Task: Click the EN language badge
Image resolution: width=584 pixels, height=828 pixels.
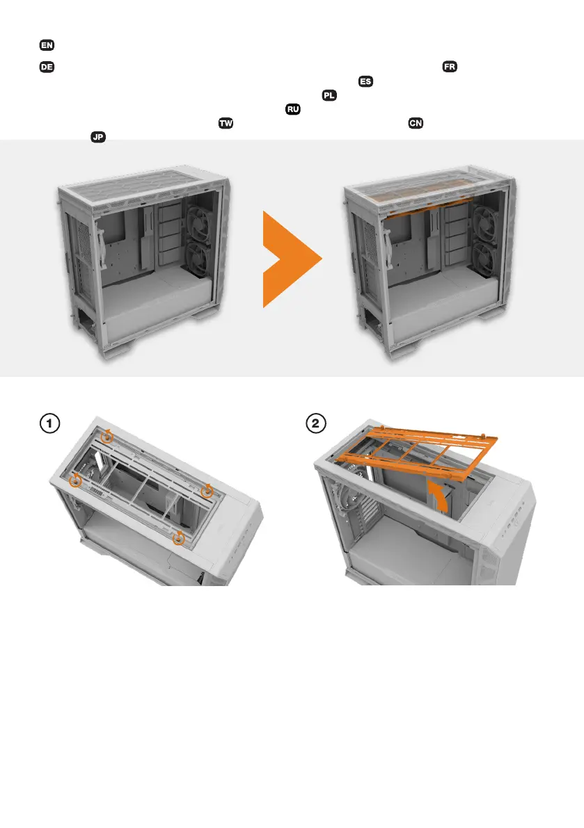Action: click(x=47, y=45)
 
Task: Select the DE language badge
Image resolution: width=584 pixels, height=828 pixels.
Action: click(x=47, y=67)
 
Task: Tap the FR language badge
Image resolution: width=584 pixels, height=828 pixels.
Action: click(x=450, y=67)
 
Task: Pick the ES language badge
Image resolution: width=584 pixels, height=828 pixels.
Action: click(x=365, y=81)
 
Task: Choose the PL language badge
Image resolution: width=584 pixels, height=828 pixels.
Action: click(x=329, y=95)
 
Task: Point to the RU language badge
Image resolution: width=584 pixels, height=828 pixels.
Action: click(x=293, y=109)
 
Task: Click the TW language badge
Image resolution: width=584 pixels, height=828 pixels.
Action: click(x=226, y=123)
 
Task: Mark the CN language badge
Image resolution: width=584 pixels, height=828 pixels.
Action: click(x=416, y=123)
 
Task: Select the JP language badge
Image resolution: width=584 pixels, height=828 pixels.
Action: click(x=98, y=137)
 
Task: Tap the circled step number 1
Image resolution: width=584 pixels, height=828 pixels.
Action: click(x=49, y=423)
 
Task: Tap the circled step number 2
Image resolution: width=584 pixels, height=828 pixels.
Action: click(x=316, y=423)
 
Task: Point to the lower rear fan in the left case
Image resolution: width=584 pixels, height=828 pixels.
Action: click(x=198, y=258)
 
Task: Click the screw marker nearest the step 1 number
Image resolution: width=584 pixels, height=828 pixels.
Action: click(x=107, y=436)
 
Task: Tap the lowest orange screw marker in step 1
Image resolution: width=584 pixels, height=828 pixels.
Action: click(x=179, y=537)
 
